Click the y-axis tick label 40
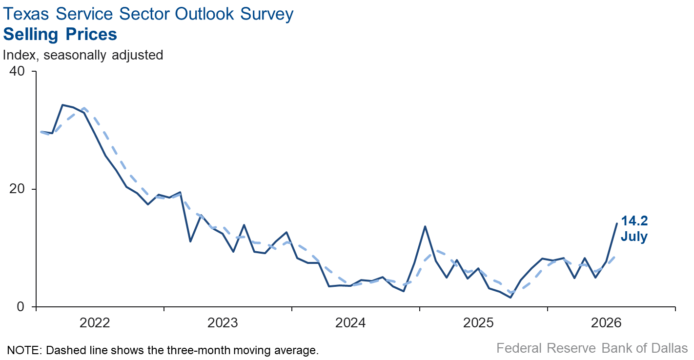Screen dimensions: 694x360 (17, 71)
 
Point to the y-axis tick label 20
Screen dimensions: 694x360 (17, 188)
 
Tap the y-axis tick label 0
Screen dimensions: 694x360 (20, 306)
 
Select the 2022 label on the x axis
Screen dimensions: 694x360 (95, 323)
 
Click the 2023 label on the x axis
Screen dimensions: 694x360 (223, 323)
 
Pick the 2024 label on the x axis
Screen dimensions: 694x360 (350, 323)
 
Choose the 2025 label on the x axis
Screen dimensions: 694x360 (478, 323)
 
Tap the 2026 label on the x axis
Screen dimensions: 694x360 (606, 323)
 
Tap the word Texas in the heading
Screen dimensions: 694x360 (26, 14)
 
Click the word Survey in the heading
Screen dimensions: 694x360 (267, 15)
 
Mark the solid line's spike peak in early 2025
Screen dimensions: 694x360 (425, 226)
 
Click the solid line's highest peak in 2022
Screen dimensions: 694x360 (62, 105)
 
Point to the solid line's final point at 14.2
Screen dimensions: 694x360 (616, 223)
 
